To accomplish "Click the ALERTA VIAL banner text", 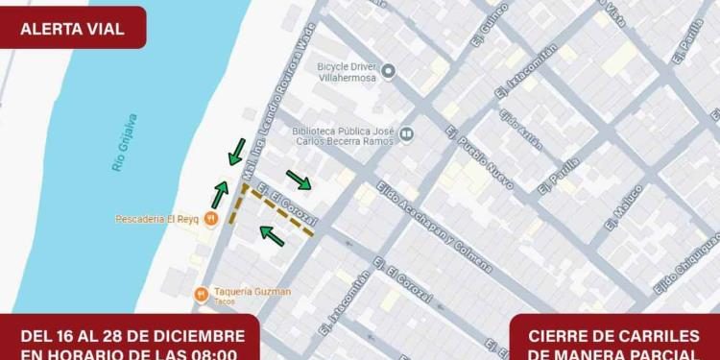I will click(x=72, y=28).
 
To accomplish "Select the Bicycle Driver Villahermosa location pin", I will click(x=388, y=71).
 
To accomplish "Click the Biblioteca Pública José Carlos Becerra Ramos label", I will click(x=344, y=132).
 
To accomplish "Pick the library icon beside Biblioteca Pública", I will click(x=407, y=133).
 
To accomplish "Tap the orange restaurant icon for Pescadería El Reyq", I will click(x=211, y=219).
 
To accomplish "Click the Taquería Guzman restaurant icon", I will click(x=201, y=293).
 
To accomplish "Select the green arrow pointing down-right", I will click(x=299, y=180).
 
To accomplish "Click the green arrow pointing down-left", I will click(x=235, y=152).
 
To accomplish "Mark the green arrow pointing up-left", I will click(x=273, y=234).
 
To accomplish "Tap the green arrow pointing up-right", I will click(x=221, y=194).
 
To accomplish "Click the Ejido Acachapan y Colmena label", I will click(x=434, y=227).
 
